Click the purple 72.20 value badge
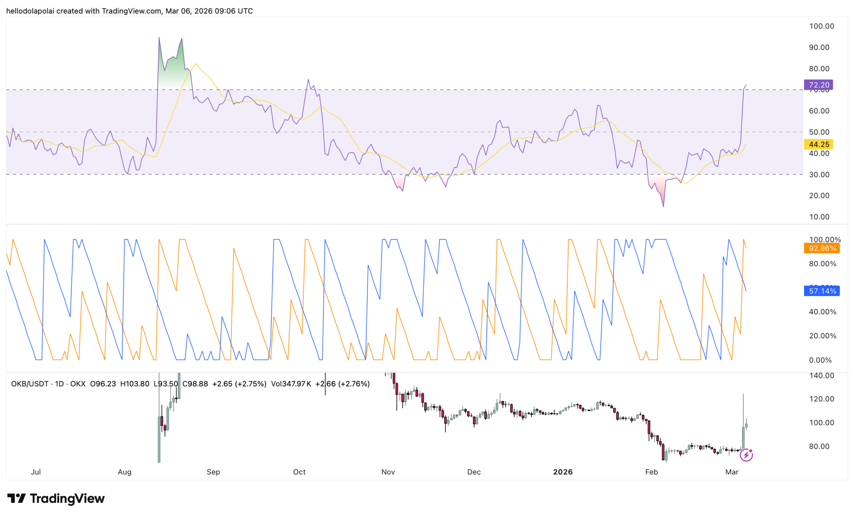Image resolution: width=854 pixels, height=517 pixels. [818, 85]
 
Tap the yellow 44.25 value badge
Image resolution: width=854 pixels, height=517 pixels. [818, 145]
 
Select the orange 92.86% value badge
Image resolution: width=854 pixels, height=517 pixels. [822, 248]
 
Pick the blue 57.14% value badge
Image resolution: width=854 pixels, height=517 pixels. [822, 291]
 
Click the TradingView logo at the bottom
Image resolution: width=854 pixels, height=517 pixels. [56, 498]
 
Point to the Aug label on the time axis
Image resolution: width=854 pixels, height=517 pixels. [124, 472]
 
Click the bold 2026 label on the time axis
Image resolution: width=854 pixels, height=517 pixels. [563, 472]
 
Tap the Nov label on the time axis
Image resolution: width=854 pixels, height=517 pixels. [388, 472]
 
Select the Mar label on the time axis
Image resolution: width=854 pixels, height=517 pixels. [731, 472]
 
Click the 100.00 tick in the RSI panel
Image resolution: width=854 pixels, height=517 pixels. [821, 26]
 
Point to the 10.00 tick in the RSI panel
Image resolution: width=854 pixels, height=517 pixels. [819, 217]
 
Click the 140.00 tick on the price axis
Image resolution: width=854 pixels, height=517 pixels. [821, 376]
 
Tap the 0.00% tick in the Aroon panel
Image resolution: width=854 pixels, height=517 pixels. [820, 360]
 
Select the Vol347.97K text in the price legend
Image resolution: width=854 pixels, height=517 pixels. [291, 384]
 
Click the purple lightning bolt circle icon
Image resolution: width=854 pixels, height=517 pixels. [746, 455]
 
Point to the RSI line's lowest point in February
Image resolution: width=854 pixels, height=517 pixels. [663, 206]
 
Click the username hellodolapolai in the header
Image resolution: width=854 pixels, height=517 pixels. [30, 11]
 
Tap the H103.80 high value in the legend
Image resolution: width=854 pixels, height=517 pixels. [134, 384]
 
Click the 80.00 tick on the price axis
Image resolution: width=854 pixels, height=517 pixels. [819, 447]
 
